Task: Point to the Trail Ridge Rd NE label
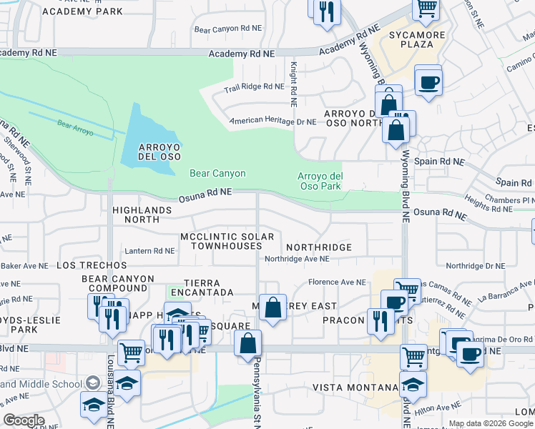pyautogui.click(x=254, y=87)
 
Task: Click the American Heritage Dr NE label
pyautogui.click(x=273, y=122)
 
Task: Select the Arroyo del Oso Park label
pyautogui.click(x=320, y=181)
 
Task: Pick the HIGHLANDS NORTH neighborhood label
pyautogui.click(x=142, y=214)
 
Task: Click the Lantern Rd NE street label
pyautogui.click(x=149, y=251)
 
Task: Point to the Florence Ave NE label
pyautogui.click(x=337, y=282)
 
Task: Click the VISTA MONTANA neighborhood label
pyautogui.click(x=355, y=387)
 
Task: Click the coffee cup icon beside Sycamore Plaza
pyautogui.click(x=428, y=82)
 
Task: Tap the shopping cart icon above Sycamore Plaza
pyautogui.click(x=426, y=8)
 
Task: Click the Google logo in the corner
pyautogui.click(x=24, y=420)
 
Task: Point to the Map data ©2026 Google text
pyautogui.click(x=490, y=423)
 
